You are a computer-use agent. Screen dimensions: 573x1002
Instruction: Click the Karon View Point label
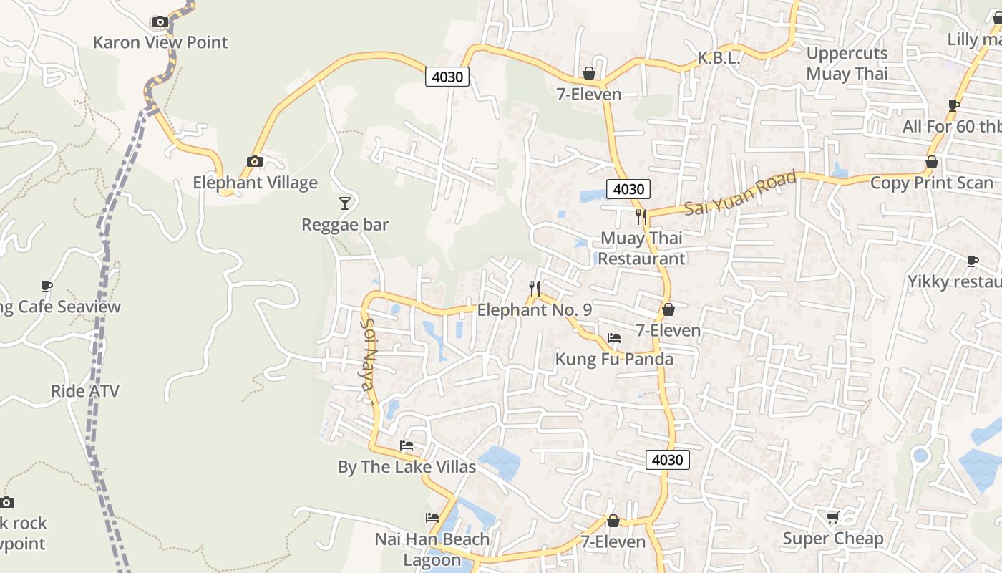click(x=160, y=42)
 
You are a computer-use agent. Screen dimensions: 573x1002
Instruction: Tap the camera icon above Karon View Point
click(x=160, y=22)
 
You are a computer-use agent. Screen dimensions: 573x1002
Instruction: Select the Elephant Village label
click(x=255, y=183)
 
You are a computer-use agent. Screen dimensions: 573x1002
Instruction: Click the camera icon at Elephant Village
click(x=254, y=162)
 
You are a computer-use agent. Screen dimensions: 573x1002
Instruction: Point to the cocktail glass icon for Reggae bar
click(x=345, y=203)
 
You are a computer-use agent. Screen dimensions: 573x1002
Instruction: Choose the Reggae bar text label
click(x=345, y=225)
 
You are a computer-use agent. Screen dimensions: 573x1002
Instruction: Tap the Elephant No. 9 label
click(x=534, y=310)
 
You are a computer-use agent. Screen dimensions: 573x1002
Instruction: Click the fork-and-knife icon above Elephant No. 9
click(x=534, y=289)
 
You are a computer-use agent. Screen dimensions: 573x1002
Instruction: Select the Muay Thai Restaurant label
click(x=641, y=248)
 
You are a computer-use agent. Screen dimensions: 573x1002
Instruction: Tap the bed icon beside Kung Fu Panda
click(x=614, y=338)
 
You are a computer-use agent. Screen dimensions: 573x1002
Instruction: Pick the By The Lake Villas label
click(x=407, y=468)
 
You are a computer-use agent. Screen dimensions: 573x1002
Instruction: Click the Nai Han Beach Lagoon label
click(x=432, y=549)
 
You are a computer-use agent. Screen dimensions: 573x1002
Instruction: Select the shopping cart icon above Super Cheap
click(x=832, y=517)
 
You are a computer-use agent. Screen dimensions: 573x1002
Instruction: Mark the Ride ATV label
click(x=85, y=391)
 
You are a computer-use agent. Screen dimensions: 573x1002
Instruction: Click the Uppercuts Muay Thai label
click(x=847, y=63)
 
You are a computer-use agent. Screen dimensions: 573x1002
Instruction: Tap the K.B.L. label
click(x=719, y=59)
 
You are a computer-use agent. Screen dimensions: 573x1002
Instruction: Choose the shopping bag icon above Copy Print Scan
click(x=932, y=163)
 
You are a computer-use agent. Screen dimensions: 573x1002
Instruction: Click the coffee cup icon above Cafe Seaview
click(x=47, y=286)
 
